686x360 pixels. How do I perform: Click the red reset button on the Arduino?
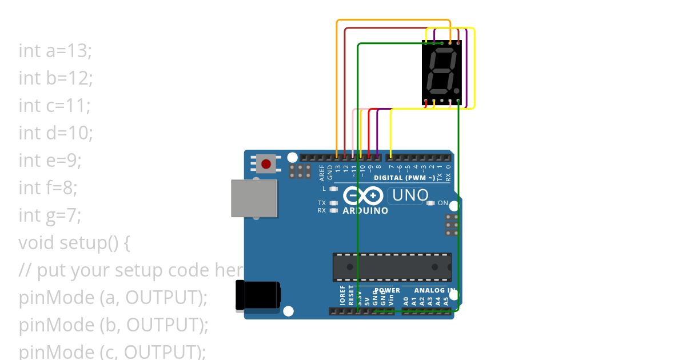[266, 164]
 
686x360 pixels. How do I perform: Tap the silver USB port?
[254, 198]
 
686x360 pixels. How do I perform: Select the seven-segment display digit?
[442, 73]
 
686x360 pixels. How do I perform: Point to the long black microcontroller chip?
[392, 267]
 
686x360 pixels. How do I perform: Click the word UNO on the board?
[410, 195]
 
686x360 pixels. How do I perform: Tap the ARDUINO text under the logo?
[365, 211]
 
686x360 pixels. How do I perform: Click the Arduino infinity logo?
[363, 196]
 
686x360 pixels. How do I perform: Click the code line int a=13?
[55, 51]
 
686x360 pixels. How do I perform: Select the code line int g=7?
[50, 215]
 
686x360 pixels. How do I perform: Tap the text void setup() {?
[74, 243]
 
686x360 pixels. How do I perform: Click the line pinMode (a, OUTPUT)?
[113, 298]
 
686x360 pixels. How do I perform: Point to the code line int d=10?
[55, 133]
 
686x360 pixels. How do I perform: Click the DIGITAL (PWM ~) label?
[404, 178]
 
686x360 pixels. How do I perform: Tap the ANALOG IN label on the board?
[434, 290]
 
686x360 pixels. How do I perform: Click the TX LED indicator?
[334, 203]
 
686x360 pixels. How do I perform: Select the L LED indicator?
[334, 189]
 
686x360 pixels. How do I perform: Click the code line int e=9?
[50, 161]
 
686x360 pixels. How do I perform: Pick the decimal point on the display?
[457, 90]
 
